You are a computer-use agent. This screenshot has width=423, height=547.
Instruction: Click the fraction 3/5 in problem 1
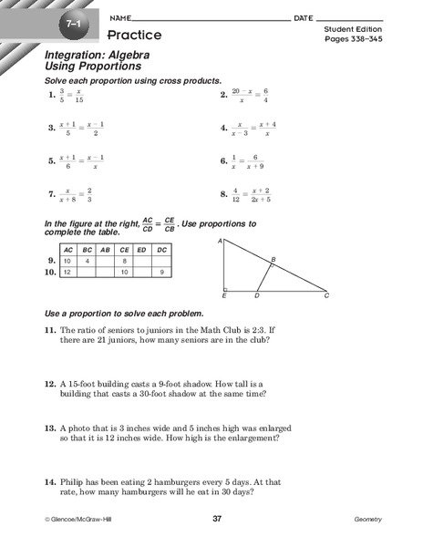pos(62,95)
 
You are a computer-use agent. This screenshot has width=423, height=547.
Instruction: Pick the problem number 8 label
pos(223,193)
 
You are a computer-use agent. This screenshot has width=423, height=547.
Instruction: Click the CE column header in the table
pos(120,249)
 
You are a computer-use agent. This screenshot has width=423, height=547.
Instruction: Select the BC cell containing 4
pos(88,261)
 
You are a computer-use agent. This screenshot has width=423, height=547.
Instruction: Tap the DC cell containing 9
pos(161,272)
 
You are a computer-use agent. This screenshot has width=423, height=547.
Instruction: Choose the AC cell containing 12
pos(67,272)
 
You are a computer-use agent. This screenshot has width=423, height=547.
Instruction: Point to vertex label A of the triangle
pos(221,242)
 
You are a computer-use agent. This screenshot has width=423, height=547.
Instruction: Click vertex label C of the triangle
pos(327,295)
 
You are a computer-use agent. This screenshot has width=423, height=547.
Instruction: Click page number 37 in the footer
pos(217,519)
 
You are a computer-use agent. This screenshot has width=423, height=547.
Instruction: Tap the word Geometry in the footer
pos(367,519)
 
